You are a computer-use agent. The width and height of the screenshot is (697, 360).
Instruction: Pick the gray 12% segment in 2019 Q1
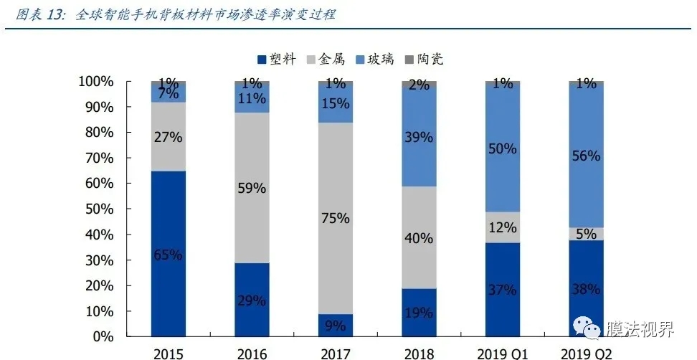click(503, 227)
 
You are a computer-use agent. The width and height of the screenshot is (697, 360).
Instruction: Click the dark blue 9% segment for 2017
click(336, 325)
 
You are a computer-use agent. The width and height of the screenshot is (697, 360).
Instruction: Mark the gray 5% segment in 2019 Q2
click(586, 234)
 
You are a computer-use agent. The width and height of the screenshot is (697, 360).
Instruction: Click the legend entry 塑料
click(276, 59)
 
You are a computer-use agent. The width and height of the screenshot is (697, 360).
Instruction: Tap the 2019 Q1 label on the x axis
click(503, 353)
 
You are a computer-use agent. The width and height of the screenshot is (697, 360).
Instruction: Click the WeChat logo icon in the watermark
click(592, 329)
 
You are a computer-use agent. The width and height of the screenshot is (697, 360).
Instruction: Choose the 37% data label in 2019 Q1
click(503, 290)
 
